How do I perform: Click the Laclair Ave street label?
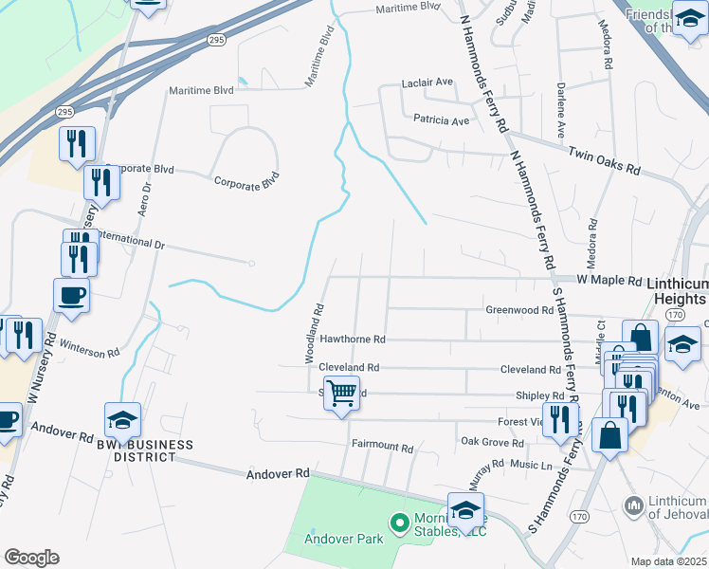[x=427, y=83]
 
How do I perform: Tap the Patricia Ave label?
[x=441, y=121]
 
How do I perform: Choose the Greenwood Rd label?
[x=518, y=310]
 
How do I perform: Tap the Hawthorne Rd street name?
[x=352, y=339]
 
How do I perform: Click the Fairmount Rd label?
[x=382, y=447]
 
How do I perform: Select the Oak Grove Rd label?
[x=491, y=443]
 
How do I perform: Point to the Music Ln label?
[x=532, y=465]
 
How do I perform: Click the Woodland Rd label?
[x=314, y=333]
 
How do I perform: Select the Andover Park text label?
[x=343, y=539]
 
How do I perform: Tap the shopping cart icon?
[x=341, y=392]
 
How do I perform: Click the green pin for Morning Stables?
[x=399, y=521]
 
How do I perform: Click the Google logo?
[x=31, y=558]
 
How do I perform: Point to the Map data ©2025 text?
[x=668, y=561]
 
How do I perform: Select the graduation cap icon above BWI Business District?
[x=123, y=419]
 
